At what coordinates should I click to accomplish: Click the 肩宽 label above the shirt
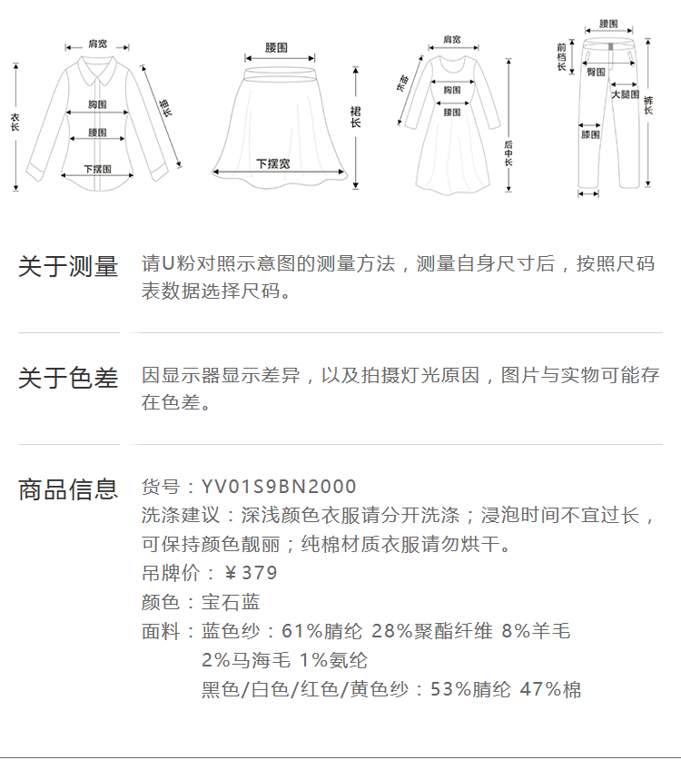pyautogui.click(x=97, y=44)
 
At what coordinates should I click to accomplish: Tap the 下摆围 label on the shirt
pyautogui.click(x=97, y=169)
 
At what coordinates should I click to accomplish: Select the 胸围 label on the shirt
pyautogui.click(x=98, y=104)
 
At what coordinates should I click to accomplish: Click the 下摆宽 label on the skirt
pyautogui.click(x=272, y=164)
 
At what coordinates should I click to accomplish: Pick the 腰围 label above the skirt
pyautogui.click(x=277, y=46)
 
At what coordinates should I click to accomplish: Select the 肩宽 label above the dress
pyautogui.click(x=451, y=40)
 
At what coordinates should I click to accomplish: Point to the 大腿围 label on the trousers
pyautogui.click(x=625, y=94)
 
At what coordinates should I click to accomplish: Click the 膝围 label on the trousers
pyautogui.click(x=590, y=134)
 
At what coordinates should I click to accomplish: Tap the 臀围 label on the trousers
pyautogui.click(x=597, y=72)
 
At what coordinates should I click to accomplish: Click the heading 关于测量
pyautogui.click(x=68, y=267)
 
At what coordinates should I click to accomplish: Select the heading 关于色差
pyautogui.click(x=68, y=378)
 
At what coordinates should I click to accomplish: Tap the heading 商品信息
pyautogui.click(x=68, y=489)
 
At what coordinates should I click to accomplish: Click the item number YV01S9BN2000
pyautogui.click(x=279, y=488)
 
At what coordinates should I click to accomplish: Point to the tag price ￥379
pyautogui.click(x=251, y=573)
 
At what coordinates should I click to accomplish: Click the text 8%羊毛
pyautogui.click(x=536, y=631)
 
